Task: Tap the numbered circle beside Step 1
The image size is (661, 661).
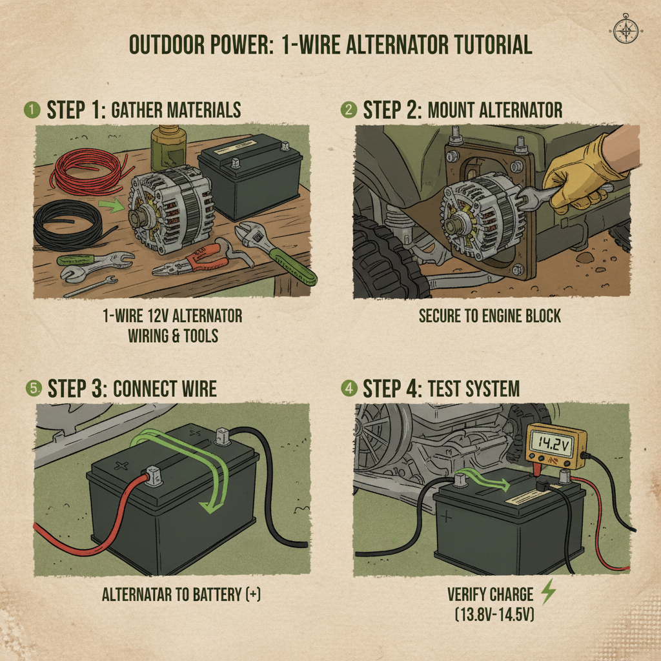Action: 30,109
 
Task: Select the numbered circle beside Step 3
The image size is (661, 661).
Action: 30,389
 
